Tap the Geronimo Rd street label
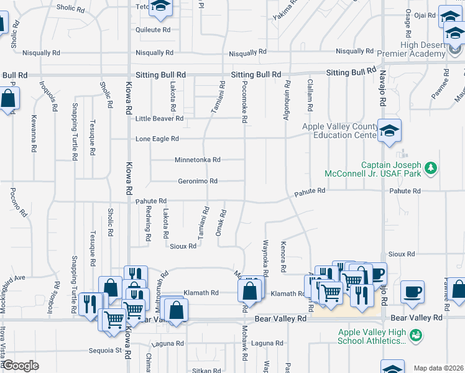(198, 182)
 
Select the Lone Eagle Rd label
(157, 139)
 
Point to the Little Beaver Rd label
(160, 118)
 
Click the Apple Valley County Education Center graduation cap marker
(389, 131)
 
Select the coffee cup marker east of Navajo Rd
(412, 291)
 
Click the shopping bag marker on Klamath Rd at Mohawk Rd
(249, 290)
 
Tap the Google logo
(21, 366)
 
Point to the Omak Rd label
(220, 222)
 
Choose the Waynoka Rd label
(265, 259)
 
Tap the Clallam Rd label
(309, 94)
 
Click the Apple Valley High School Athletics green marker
(417, 336)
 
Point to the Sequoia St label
(104, 350)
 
